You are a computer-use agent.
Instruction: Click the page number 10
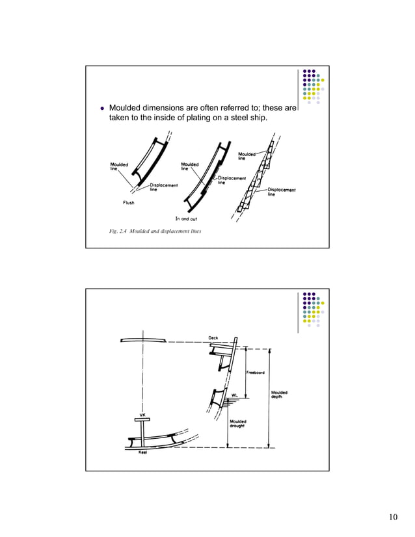(392, 517)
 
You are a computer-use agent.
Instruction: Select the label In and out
(187, 218)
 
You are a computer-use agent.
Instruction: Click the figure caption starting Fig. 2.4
(155, 231)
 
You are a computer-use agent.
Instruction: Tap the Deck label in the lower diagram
(213, 337)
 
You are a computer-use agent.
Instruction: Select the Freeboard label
(254, 373)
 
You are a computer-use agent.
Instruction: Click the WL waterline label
(234, 395)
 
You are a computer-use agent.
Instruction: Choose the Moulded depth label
(279, 395)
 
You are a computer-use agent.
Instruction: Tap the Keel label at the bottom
(143, 453)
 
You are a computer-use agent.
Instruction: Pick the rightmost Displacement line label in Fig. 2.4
(282, 192)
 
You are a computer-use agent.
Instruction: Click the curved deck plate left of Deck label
(142, 341)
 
